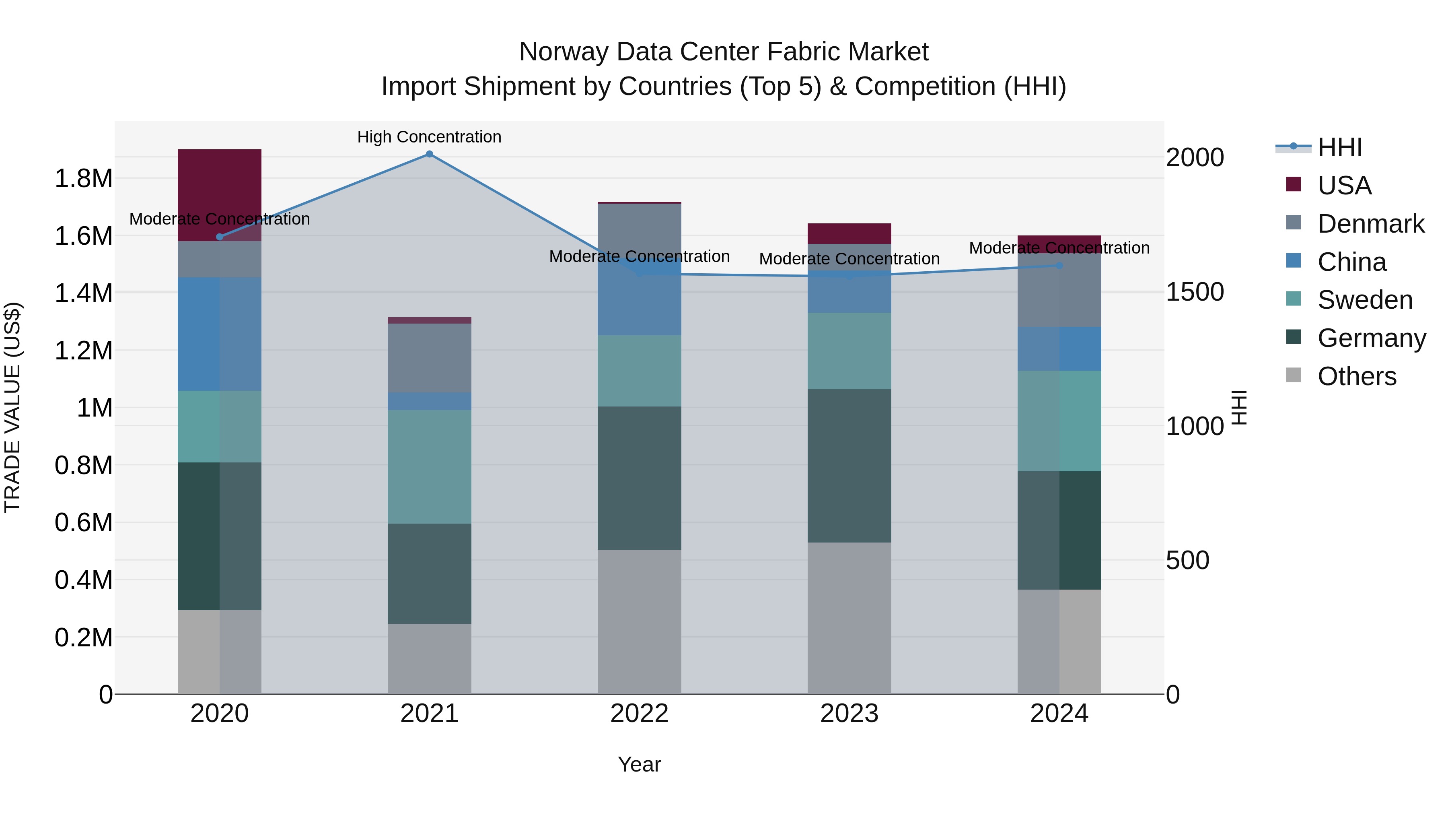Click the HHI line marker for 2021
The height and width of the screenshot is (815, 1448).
coord(430,154)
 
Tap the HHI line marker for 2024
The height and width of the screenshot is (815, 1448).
coord(1059,266)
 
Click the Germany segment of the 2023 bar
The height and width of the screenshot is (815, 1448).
coord(849,466)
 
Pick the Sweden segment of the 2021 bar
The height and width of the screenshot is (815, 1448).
coord(430,467)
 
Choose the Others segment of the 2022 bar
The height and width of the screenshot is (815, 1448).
coord(639,621)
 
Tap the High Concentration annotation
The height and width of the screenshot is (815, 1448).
coord(430,137)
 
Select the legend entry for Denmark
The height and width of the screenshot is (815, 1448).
coord(1370,224)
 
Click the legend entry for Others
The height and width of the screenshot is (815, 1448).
coord(1356,376)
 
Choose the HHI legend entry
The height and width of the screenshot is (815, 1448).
coord(1339,147)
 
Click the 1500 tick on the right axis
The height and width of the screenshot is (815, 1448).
coord(1195,292)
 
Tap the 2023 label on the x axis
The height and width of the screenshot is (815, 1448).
coord(849,714)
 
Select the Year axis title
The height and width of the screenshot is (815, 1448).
coord(639,764)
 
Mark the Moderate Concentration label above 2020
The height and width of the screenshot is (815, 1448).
coord(219,219)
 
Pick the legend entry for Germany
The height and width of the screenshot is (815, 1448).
coord(1372,338)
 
